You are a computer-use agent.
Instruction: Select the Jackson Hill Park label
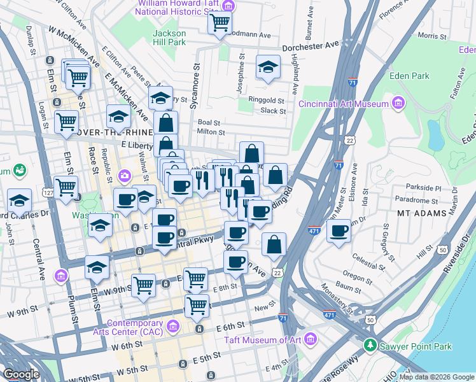coord(169,37)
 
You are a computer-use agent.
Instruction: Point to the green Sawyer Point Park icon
coord(370,346)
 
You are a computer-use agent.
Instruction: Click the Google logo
coord(21,374)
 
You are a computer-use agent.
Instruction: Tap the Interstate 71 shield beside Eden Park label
coord(353,82)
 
